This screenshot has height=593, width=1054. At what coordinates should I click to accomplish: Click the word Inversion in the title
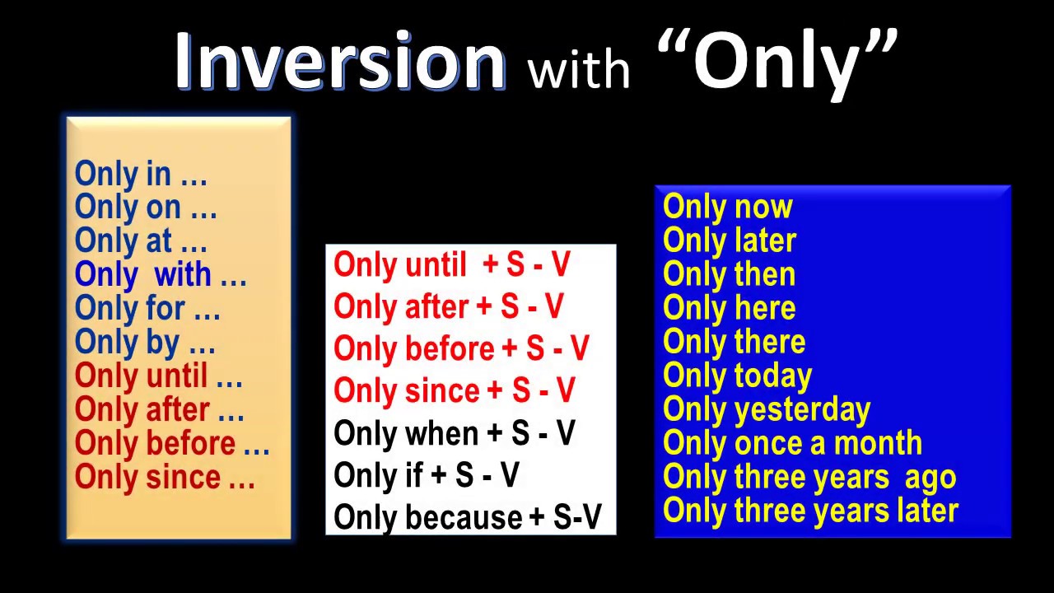coord(339,62)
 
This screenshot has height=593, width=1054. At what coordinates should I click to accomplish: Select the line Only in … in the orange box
coord(141,174)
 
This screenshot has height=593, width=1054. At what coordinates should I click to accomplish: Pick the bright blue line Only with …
coord(161,275)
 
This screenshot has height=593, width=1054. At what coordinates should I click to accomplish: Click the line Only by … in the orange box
coord(145,343)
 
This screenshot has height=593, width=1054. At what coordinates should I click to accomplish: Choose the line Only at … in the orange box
coord(141,241)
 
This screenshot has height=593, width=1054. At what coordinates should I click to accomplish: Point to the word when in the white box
coord(441,433)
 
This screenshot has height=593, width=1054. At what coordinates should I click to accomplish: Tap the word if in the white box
coord(413,475)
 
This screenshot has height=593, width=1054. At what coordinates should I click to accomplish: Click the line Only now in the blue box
coord(728,207)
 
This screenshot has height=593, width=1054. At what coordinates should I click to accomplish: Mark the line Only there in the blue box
coord(735,343)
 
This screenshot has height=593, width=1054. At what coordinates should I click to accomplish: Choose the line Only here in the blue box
coord(730,309)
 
